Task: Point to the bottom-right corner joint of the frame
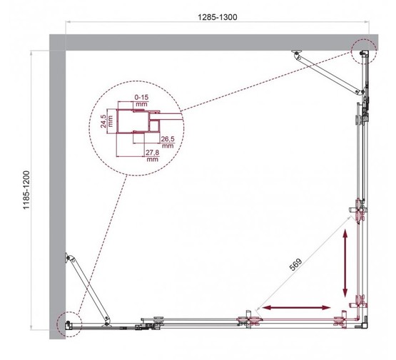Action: click(x=365, y=322)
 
